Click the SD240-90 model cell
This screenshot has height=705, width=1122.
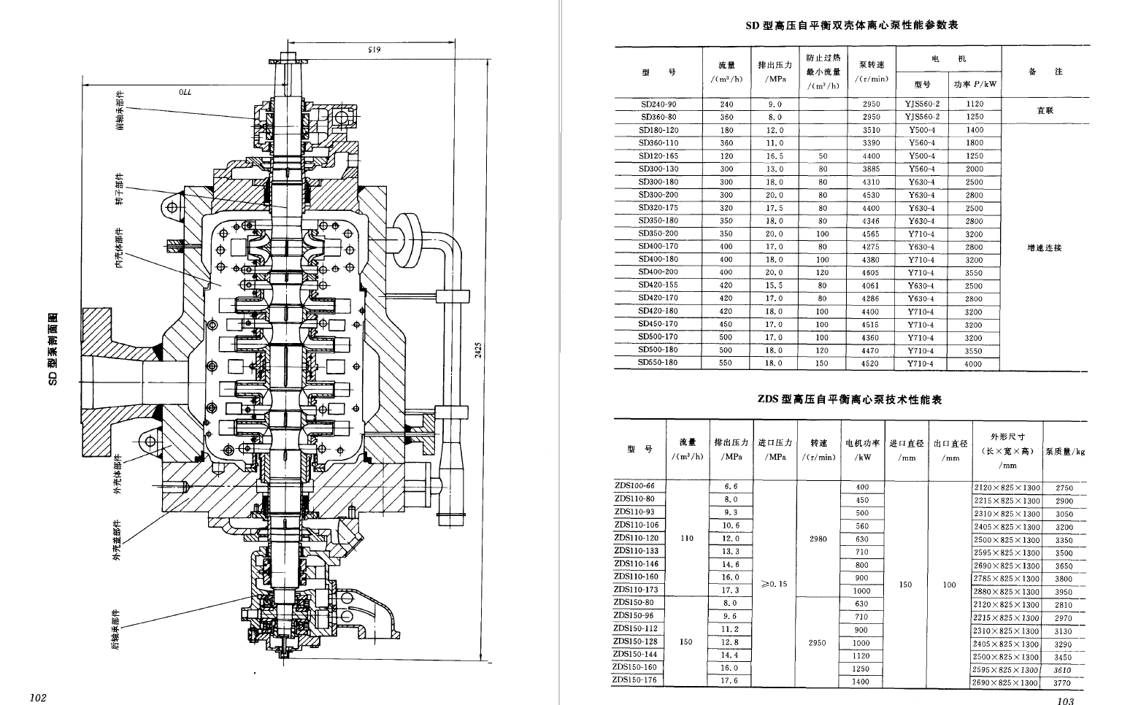pyautogui.click(x=658, y=104)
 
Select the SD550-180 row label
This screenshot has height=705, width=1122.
pyautogui.click(x=658, y=363)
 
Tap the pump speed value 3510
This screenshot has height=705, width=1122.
pyautogui.click(x=871, y=130)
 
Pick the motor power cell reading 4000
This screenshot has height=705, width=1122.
pyautogui.click(x=974, y=363)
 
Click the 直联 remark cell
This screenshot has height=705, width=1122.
pyautogui.click(x=1045, y=111)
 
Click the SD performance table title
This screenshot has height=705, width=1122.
pyautogui.click(x=850, y=26)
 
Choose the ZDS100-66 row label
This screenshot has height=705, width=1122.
pyautogui.click(x=634, y=486)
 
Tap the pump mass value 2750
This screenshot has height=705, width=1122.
pyautogui.click(x=1064, y=488)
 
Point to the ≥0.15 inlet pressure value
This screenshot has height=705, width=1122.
pyautogui.click(x=774, y=584)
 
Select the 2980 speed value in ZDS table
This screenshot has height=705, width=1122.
pyautogui.click(x=818, y=539)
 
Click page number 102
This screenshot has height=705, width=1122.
pyautogui.click(x=38, y=698)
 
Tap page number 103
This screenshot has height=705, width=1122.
pyautogui.click(x=1065, y=701)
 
